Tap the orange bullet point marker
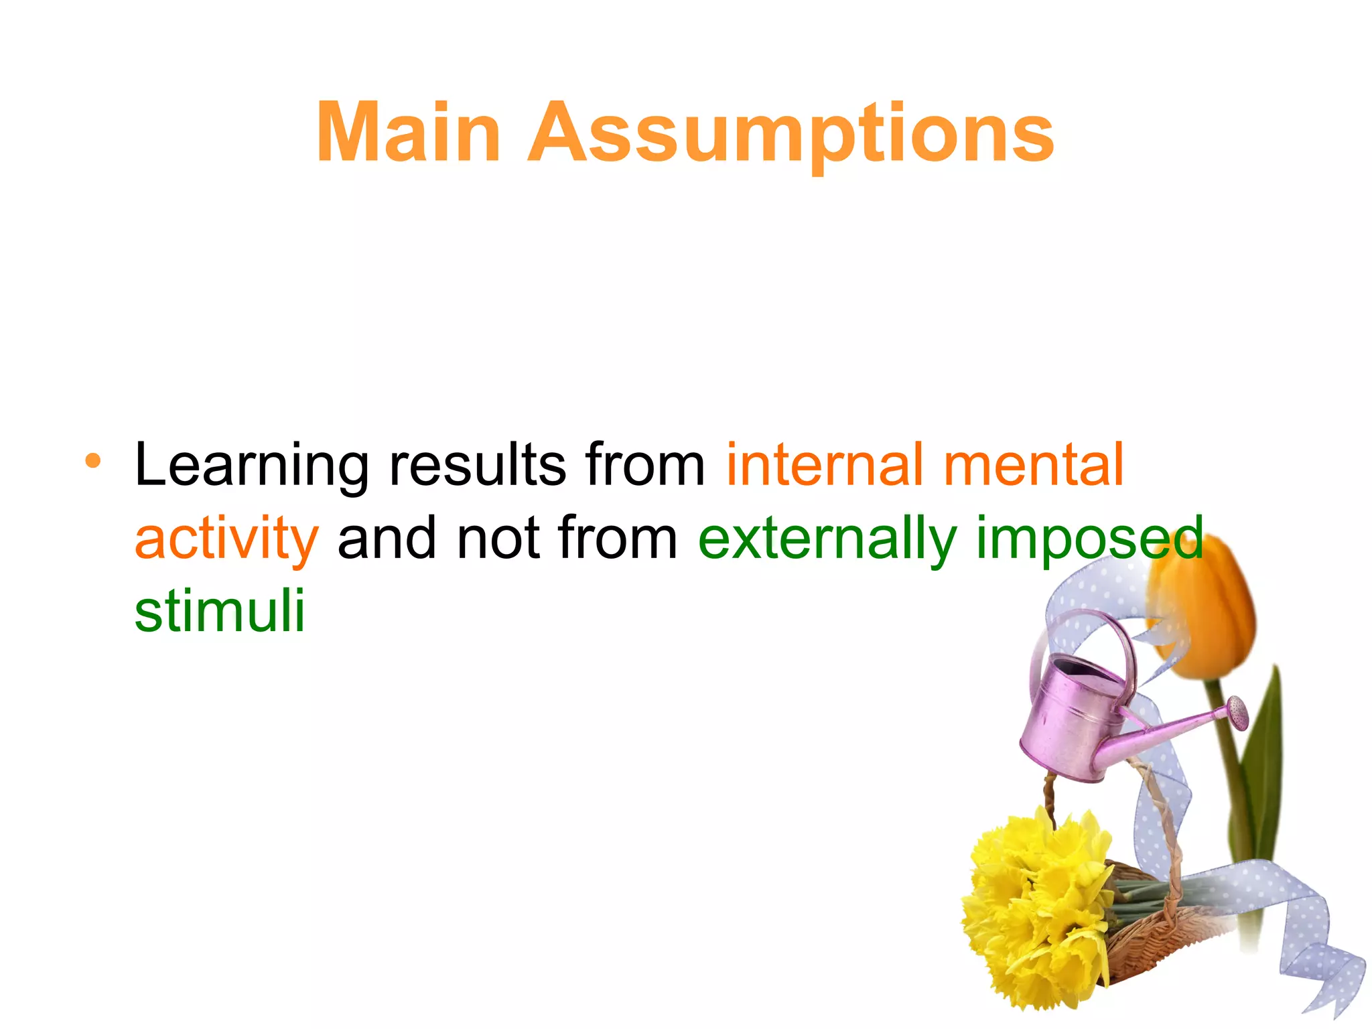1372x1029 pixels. click(93, 460)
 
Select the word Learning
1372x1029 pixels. click(251, 466)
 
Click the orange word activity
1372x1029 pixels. click(226, 539)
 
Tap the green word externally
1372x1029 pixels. click(827, 539)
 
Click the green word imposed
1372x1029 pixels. click(1089, 539)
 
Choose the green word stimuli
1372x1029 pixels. click(220, 611)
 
